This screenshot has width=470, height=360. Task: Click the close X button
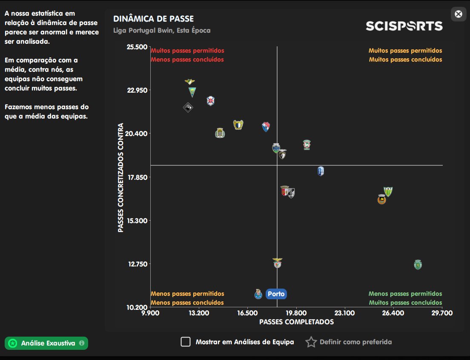459,14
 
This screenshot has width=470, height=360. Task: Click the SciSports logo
404,26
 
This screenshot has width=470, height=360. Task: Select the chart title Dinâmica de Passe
153,19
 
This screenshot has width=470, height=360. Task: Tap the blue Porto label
276,294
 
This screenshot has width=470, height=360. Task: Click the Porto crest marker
258,294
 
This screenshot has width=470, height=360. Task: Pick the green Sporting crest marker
418,265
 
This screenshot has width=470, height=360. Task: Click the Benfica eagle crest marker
277,263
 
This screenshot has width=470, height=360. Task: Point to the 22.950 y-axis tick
137,90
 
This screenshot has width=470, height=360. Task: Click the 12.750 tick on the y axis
137,264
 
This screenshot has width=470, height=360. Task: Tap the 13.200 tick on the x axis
198,313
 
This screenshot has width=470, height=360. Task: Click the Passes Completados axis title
296,322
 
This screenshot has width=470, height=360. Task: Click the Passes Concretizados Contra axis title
121,177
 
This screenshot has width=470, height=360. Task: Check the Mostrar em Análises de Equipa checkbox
186,342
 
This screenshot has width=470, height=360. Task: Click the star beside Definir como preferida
311,342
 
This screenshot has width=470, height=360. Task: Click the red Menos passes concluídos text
187,60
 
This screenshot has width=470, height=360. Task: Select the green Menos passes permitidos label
405,294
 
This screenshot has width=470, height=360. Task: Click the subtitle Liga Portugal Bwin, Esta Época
162,31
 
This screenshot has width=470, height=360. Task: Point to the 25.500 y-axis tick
137,47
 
